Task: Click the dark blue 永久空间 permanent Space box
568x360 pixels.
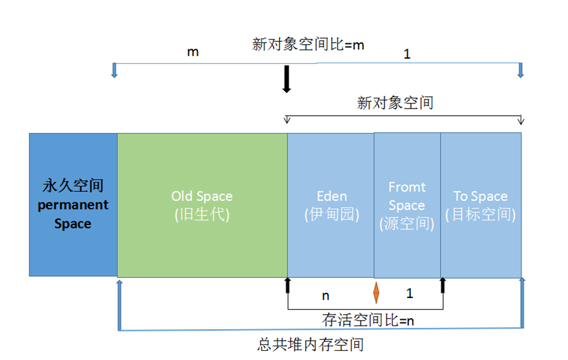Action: point(73,204)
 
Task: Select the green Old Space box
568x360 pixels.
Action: point(202,204)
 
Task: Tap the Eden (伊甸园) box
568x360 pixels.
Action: point(331,204)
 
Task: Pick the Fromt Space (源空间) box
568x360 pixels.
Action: point(407,204)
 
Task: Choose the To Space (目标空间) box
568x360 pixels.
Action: point(481,204)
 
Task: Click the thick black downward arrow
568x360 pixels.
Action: point(287,80)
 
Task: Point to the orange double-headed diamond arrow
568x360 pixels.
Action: point(376,292)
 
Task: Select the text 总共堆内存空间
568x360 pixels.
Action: point(310,344)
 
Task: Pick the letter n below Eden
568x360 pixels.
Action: point(326,295)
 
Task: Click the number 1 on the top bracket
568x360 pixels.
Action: point(406,54)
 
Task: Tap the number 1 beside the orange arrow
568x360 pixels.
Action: point(409,293)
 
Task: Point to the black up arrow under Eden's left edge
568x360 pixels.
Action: point(288,286)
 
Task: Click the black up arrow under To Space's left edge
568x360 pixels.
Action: point(443,286)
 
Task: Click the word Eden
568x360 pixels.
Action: point(331,196)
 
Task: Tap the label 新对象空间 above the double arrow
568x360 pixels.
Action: point(395,103)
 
